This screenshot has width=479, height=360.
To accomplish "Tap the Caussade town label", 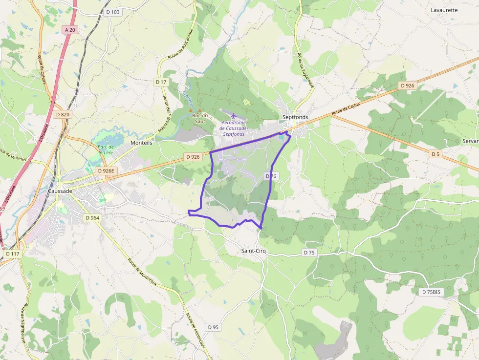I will pyautogui.click(x=60, y=191).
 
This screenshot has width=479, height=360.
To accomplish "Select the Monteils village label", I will pyautogui.click(x=142, y=143).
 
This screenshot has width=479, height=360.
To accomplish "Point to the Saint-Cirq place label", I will pyautogui.click(x=254, y=251).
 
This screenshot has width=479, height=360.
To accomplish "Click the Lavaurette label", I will pyautogui.click(x=444, y=10).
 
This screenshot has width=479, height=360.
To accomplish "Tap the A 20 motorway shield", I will pyautogui.click(x=70, y=30).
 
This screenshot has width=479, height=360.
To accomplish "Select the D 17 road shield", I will pyautogui.click(x=161, y=82).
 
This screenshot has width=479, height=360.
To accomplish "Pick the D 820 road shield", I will pyautogui.click(x=63, y=114).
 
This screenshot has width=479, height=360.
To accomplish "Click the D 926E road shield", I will pyautogui.click(x=106, y=171).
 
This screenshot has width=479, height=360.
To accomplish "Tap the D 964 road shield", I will pyautogui.click(x=92, y=217).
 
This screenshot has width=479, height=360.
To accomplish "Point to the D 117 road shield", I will pyautogui.click(x=13, y=254).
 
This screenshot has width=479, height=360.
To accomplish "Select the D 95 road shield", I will pyautogui.click(x=213, y=327).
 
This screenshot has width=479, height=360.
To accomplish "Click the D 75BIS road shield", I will pyautogui.click(x=431, y=292).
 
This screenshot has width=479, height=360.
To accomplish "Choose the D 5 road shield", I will pyautogui.click(x=435, y=154).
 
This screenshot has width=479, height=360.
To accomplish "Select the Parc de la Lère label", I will pyautogui.click(x=106, y=149).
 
